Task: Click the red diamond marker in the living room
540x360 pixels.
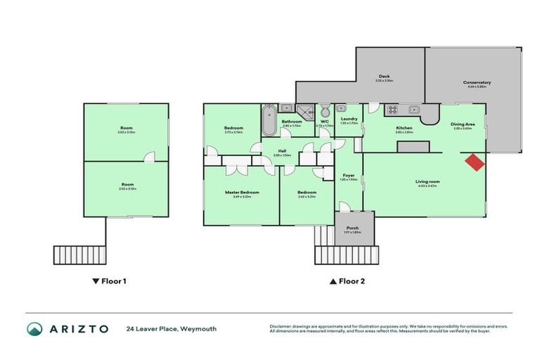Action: coord(475,162)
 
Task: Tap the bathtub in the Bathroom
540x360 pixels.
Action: coord(268,120)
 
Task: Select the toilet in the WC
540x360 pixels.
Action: coord(325,112)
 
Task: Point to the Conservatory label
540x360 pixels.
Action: coord(477,83)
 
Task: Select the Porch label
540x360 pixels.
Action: coord(352,228)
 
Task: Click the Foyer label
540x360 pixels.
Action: coord(349,175)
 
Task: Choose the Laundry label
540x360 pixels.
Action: coord(349,119)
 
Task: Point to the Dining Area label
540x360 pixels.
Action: coord(463,124)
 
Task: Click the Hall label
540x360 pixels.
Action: coord(282,150)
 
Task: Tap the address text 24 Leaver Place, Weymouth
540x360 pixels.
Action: coord(171,328)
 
